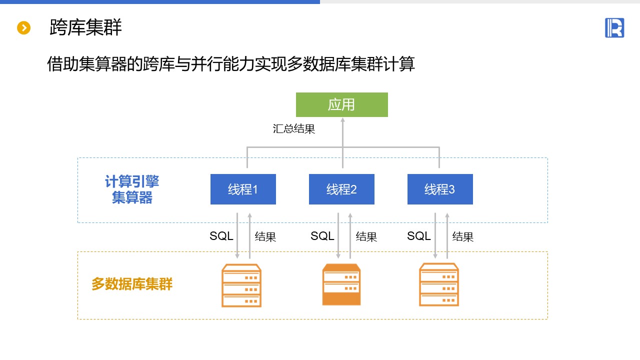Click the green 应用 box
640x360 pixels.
341,104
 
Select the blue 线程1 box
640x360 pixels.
243,189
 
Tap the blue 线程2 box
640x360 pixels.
341,189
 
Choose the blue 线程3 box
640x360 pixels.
440,189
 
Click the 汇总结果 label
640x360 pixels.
294,129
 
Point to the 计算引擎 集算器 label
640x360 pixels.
132,189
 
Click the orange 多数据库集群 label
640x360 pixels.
132,284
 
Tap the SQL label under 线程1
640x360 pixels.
221,236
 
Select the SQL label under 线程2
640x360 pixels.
322,236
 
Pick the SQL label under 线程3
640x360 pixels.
419,236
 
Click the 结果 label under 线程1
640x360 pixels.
265,237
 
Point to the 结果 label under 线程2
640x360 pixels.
366,237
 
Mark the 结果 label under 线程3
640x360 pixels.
463,237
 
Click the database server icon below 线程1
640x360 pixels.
241,285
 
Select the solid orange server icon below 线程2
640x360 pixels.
341,284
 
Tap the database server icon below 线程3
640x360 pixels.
438,284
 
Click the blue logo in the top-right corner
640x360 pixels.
614,27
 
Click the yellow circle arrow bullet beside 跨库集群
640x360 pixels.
24,28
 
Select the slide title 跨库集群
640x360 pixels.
85,27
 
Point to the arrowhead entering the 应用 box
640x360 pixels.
342,120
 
